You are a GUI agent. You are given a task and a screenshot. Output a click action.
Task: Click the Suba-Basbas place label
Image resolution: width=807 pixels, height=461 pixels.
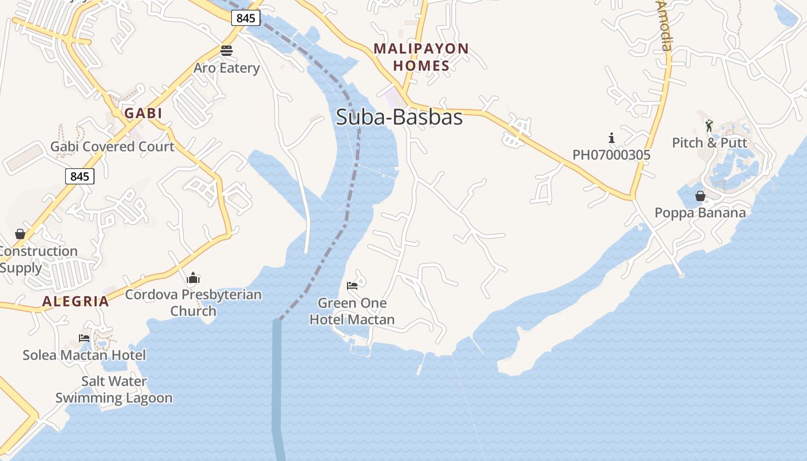tap(399, 118)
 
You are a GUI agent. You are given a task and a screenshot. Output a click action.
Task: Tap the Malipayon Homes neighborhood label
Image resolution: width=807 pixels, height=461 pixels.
tap(421, 57)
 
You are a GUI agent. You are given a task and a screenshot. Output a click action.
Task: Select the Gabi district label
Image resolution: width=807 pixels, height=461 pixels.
tap(144, 113)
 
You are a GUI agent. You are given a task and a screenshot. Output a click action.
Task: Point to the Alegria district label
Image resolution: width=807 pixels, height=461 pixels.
tap(76, 301)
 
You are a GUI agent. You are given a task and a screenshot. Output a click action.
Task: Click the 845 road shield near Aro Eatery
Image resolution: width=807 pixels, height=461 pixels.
tap(246, 18)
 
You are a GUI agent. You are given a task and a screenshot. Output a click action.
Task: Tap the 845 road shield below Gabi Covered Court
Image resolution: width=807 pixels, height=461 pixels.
tap(80, 176)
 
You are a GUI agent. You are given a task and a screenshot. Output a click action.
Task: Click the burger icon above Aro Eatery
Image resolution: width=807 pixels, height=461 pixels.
tap(227, 51)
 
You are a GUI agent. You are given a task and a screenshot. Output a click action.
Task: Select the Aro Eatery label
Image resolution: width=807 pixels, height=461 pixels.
tap(227, 68)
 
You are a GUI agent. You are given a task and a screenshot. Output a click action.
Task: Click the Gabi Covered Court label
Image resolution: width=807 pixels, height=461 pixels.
tap(112, 146)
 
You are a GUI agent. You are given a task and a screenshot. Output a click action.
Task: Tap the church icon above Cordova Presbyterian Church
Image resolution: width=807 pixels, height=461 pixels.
tap(193, 279)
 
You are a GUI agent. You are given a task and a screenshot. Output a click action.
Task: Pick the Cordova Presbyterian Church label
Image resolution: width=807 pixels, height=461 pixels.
tap(193, 303)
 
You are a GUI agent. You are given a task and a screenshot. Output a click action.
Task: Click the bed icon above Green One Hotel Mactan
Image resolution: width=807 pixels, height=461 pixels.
tap(352, 286)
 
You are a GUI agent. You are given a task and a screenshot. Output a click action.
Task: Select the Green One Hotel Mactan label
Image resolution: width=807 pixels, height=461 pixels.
tap(352, 311)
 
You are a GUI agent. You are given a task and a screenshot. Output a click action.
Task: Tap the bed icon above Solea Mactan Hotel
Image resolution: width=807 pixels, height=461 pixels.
tap(84, 338)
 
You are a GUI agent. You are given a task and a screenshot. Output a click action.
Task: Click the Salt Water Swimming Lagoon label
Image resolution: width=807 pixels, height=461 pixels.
tap(114, 390)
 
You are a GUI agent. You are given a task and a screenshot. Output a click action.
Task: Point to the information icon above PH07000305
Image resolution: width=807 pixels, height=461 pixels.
tap(612, 138)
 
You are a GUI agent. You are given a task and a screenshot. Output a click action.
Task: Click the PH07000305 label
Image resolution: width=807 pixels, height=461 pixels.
tap(611, 155)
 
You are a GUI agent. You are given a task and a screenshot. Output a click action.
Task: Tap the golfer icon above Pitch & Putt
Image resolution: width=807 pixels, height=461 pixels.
tap(709, 125)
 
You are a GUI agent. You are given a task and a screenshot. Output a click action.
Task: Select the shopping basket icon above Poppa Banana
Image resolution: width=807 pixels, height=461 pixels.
tap(700, 197)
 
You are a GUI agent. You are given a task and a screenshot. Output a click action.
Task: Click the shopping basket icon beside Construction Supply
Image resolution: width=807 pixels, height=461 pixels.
tap(20, 234)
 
